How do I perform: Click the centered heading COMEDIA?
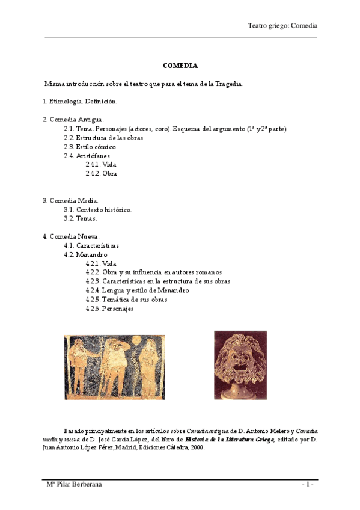coord(180,66)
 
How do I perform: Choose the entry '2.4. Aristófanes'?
coord(87,156)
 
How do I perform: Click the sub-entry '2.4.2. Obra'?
coord(101,174)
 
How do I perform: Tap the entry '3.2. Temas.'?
coord(80,218)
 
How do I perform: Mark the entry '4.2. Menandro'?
coord(85,254)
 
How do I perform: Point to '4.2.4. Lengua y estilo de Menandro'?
coord(137,290)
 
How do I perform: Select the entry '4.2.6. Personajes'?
coord(109,309)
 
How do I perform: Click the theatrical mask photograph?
coord(240,364)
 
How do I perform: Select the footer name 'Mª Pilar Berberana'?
coord(74,485)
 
